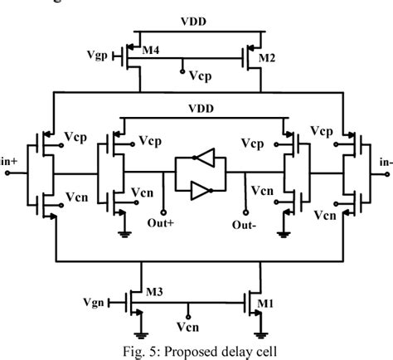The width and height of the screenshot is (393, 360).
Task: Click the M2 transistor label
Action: (267, 57)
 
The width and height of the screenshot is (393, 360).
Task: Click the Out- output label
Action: (243, 224)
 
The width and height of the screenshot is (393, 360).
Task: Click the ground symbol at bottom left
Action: (122, 233)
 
